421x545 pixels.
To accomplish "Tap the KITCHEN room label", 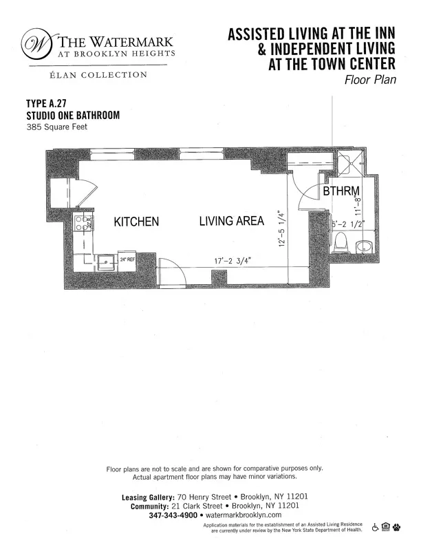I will click(x=136, y=222).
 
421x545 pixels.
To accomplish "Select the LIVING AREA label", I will click(x=233, y=222).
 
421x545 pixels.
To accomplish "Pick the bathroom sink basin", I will click(x=365, y=246).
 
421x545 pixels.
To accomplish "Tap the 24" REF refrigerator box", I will click(x=127, y=261).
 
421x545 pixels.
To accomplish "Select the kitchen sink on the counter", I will click(x=105, y=261).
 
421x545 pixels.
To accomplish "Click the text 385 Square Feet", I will click(x=56, y=127).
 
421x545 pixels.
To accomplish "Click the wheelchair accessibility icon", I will click(x=375, y=528).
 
